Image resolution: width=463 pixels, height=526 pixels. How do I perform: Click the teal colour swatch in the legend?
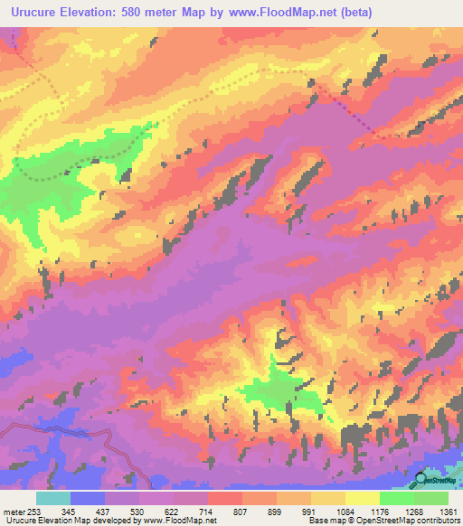click(x=53, y=498)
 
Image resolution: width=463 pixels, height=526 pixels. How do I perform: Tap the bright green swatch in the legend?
click(x=396, y=498)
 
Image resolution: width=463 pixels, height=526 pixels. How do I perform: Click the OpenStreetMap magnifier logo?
click(x=422, y=480)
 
